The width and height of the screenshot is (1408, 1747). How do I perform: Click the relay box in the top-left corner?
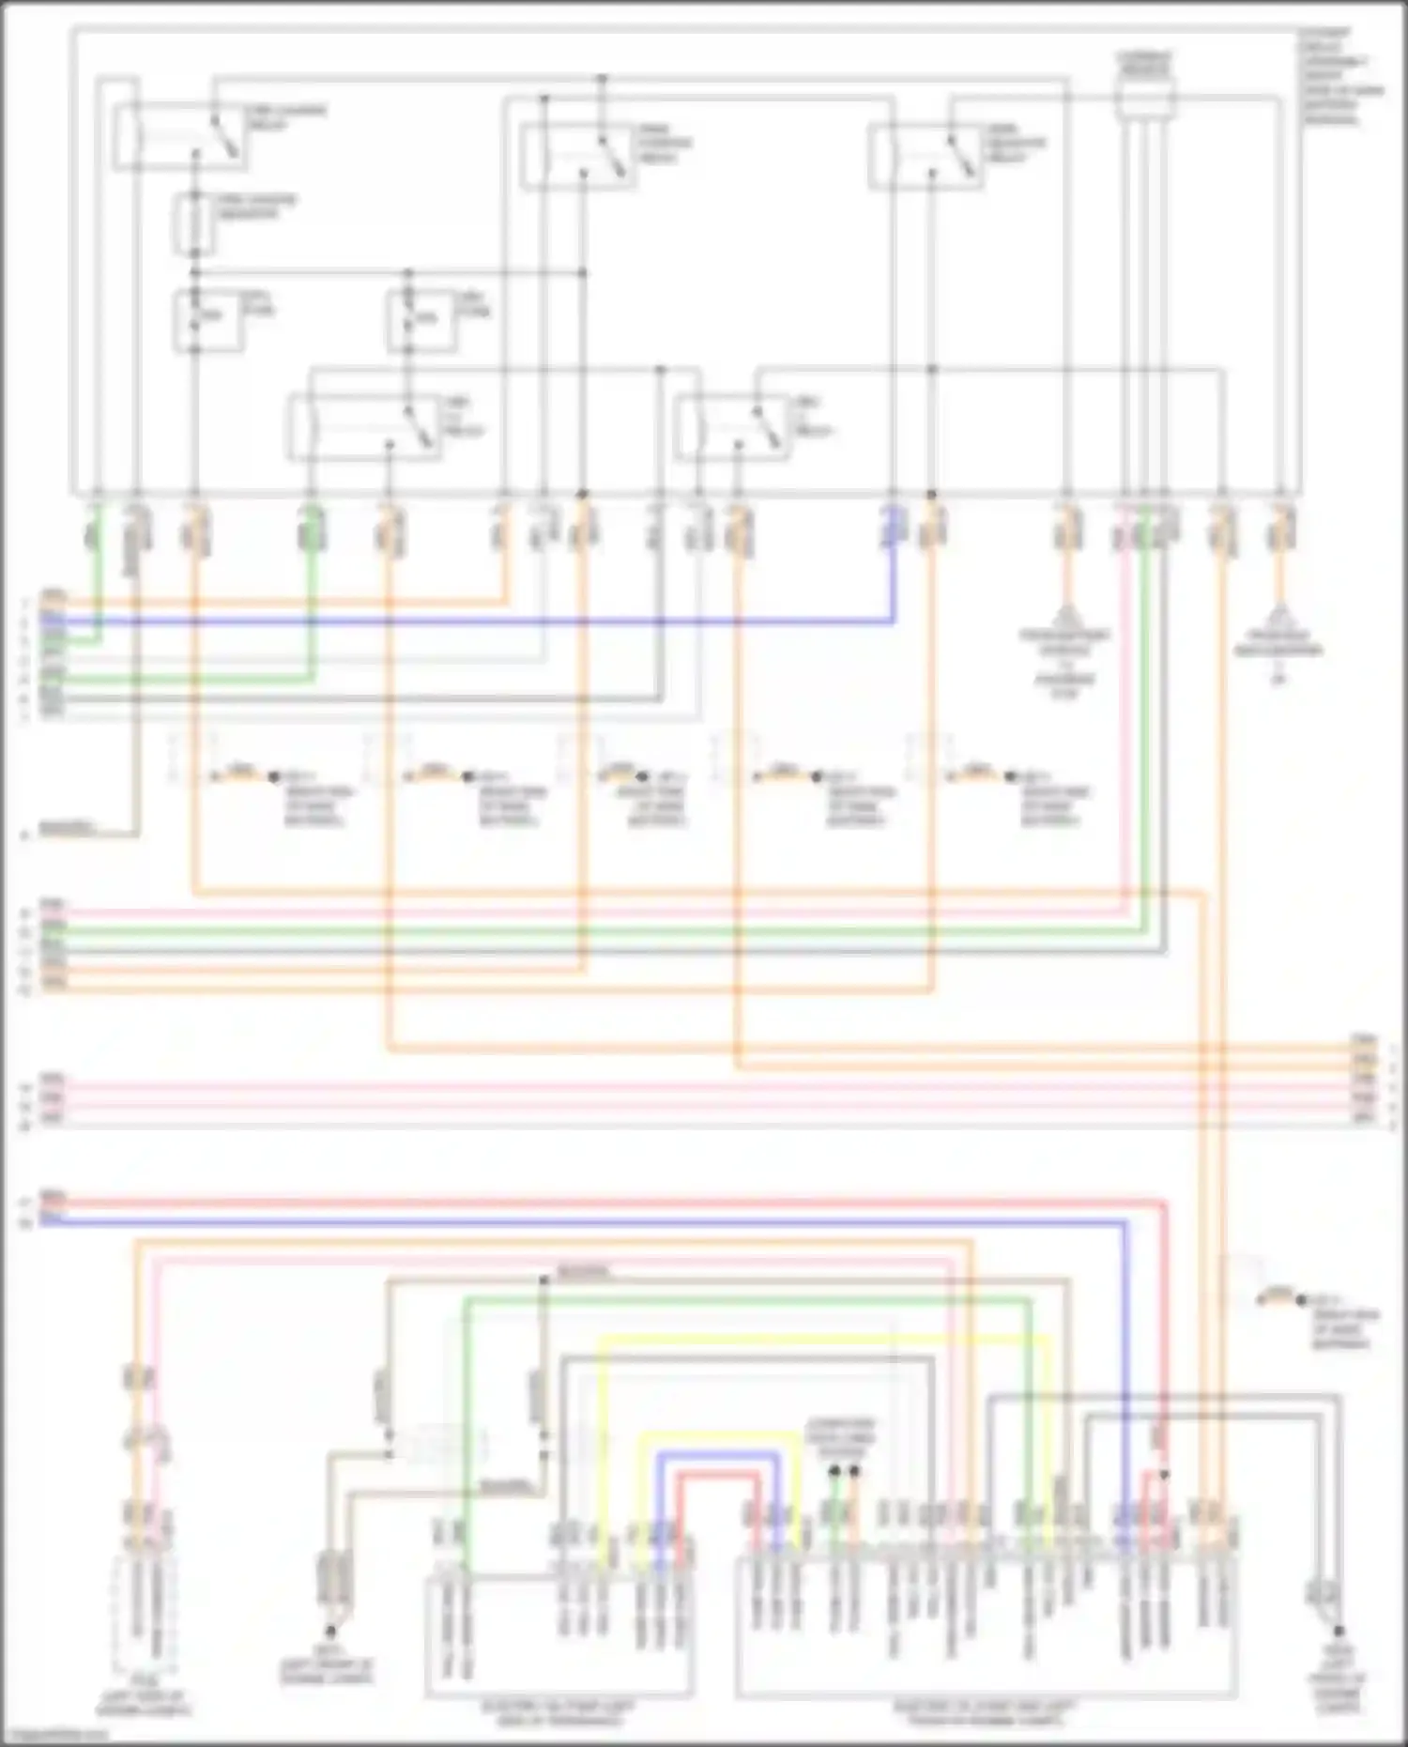coord(180,139)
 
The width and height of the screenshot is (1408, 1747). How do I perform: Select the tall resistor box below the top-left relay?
coord(194,224)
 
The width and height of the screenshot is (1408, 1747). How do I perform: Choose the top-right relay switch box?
coord(926,158)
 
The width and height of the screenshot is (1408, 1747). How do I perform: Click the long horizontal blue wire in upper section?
coord(469,621)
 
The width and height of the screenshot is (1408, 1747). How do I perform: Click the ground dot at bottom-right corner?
coord(1339,1632)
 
